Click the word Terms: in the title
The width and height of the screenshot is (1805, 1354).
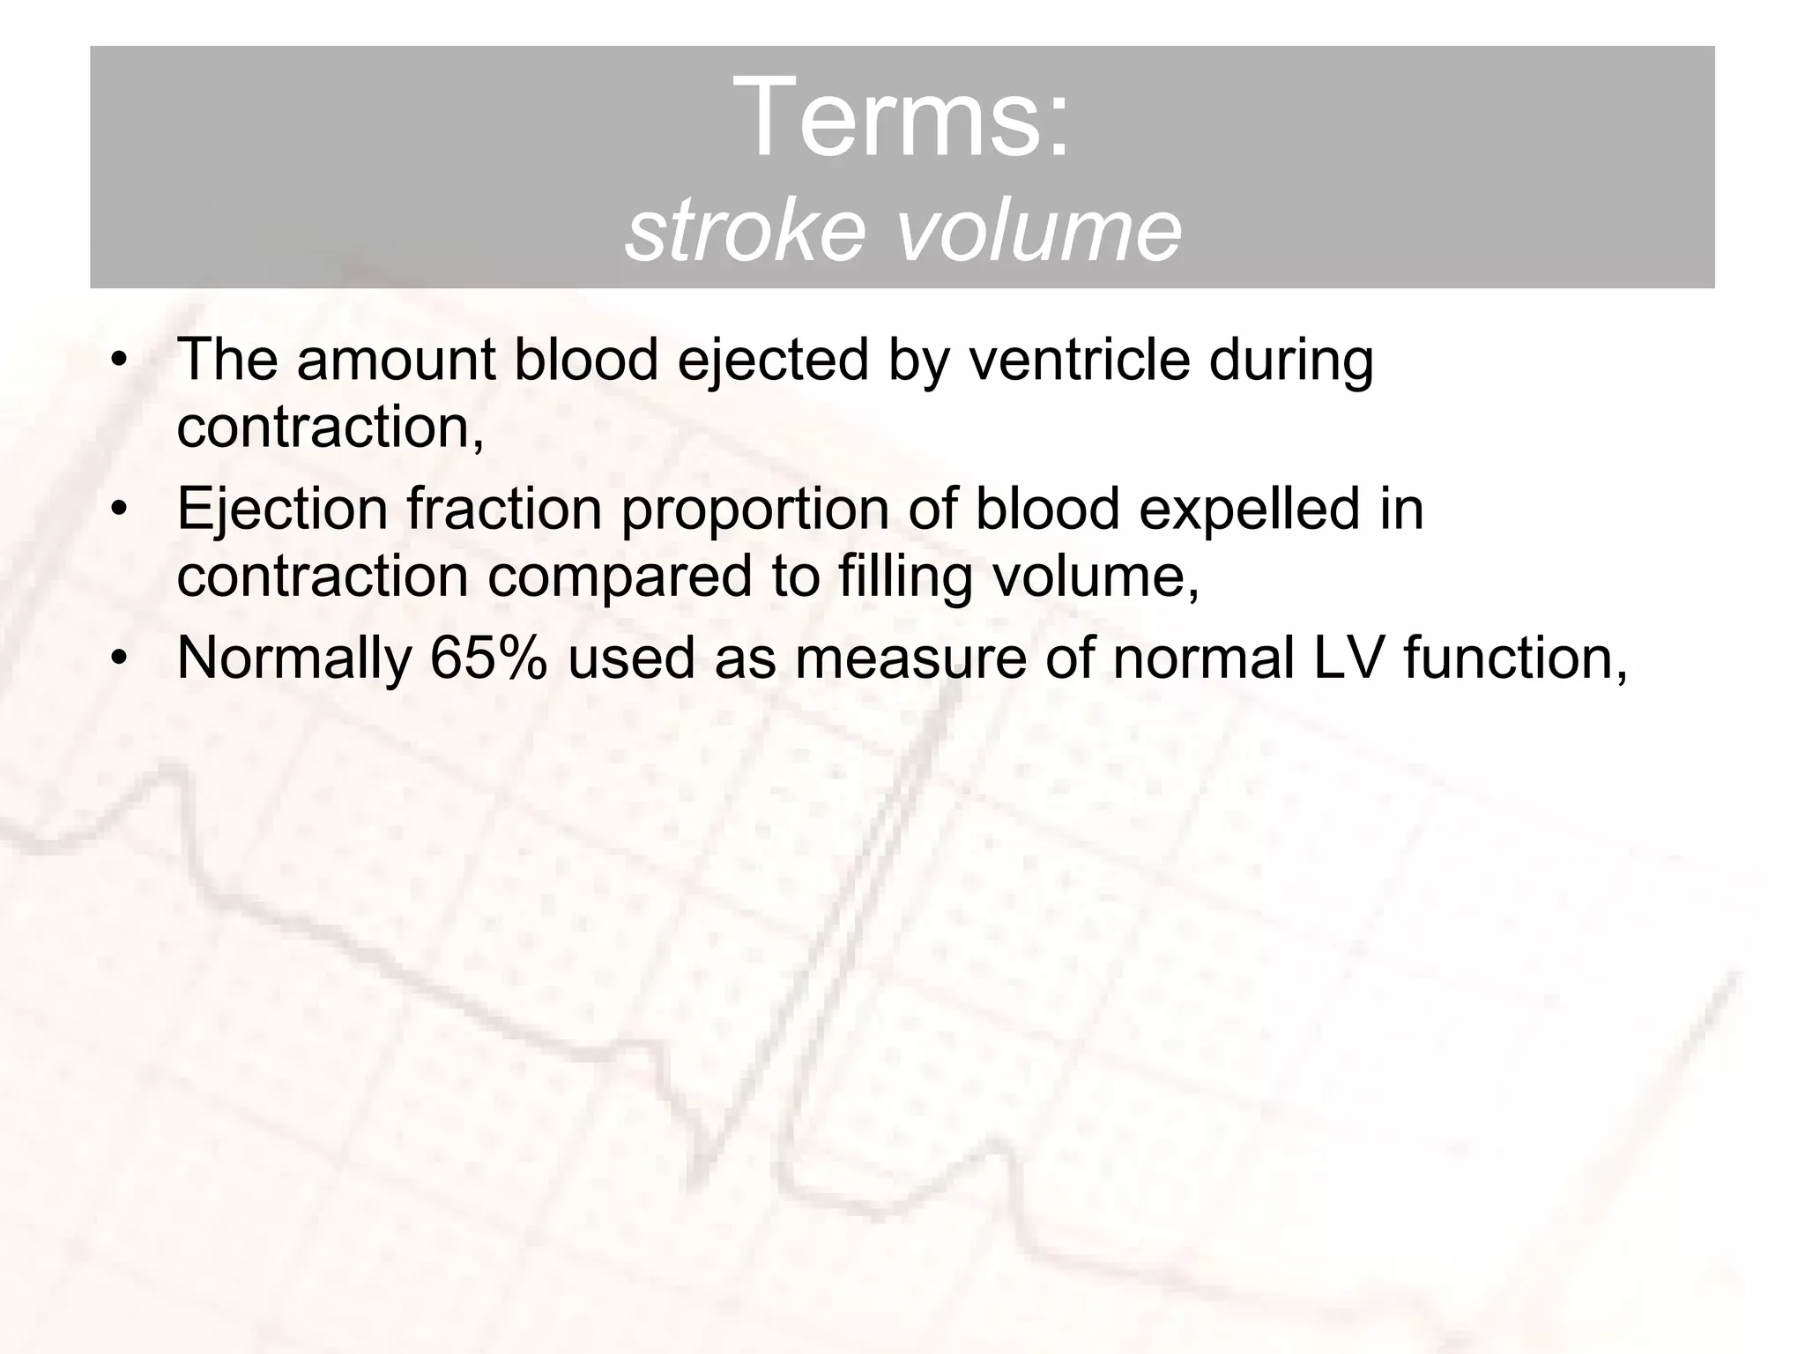point(905,116)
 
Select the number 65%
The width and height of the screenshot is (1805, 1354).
point(487,658)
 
